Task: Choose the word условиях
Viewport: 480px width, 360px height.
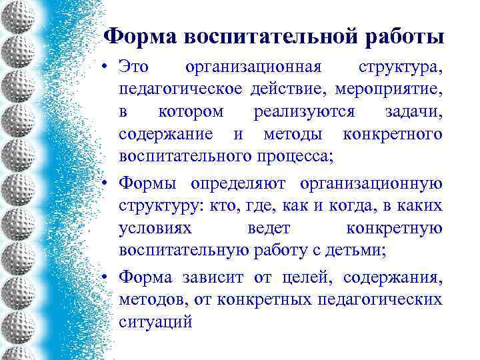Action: pos(155,228)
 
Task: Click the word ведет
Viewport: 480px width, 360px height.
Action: pos(269,228)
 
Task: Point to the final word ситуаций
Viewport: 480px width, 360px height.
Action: pos(155,322)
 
